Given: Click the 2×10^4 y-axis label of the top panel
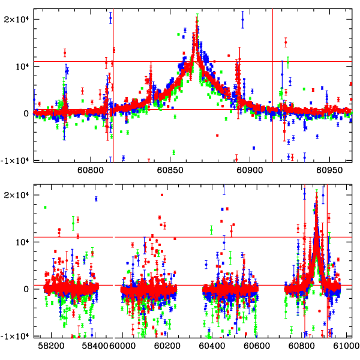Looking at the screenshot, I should pos(18,19).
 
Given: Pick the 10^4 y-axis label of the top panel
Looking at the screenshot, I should pos(22,66).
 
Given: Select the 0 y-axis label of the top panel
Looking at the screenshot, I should pos(27,113).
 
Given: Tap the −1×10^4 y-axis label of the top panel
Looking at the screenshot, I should pos(16,160).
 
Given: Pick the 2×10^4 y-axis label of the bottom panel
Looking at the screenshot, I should pos(18,194).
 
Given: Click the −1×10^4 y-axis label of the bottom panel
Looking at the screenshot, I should pos(16,336).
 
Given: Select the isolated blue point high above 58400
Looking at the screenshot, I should pos(96,199).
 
